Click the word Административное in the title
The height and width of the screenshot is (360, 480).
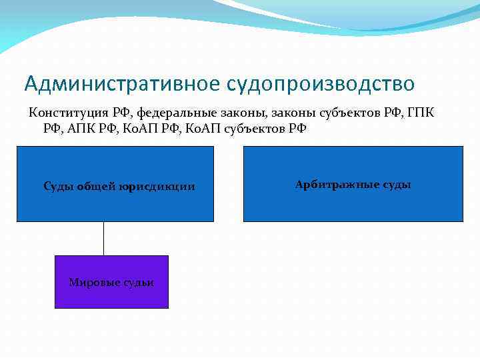(121, 84)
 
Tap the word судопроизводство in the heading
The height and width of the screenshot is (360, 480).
(321, 84)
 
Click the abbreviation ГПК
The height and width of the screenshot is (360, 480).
(420, 112)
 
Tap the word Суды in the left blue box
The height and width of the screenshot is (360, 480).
(57, 187)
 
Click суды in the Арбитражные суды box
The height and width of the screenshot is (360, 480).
(397, 185)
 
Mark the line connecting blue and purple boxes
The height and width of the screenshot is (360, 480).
(103, 238)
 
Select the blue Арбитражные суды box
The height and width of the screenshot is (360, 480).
(353, 203)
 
